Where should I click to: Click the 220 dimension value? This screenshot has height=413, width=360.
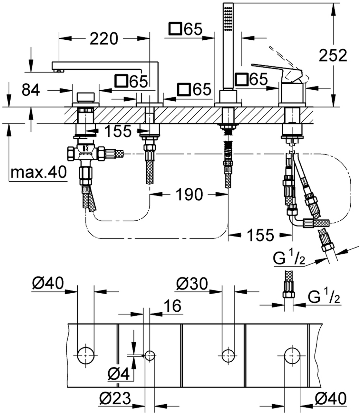point(104,39)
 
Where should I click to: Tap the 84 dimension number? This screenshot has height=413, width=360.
point(31,91)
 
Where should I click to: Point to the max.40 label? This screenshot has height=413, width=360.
point(38,173)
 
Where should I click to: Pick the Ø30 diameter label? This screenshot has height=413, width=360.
point(192,284)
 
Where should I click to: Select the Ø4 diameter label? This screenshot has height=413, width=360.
point(118,374)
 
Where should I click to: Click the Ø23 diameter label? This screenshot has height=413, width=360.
point(115,399)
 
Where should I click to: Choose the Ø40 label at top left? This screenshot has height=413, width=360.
point(48,284)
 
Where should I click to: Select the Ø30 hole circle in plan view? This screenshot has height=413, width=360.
point(229,355)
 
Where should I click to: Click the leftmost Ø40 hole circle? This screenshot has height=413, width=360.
point(86,355)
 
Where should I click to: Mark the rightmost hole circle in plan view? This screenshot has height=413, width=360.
point(292,355)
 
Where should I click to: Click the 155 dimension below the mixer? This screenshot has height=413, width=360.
point(261,235)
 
